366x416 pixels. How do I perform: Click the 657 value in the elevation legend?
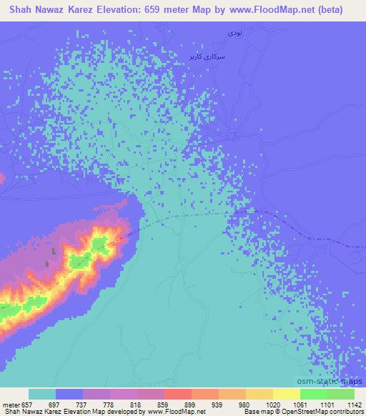coord(26,405)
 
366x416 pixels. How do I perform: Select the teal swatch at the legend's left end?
coord(41,394)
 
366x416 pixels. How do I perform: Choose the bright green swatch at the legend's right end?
coord(341,394)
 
